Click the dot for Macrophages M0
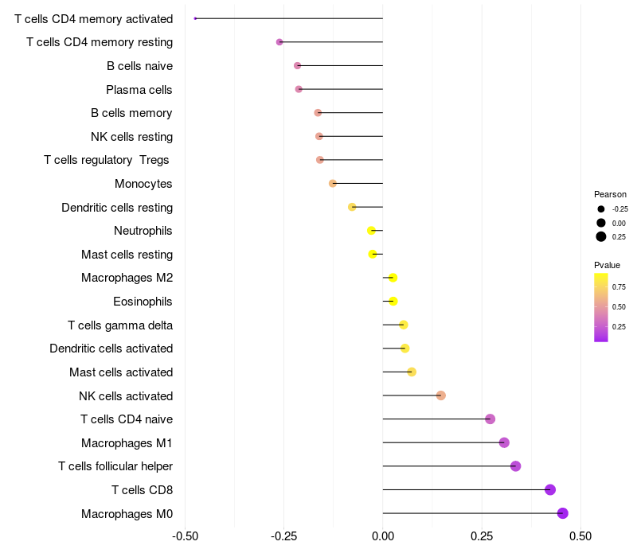[563, 513]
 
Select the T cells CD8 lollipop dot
[550, 489]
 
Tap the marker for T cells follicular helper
[515, 466]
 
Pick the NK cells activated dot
[441, 395]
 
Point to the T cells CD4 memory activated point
[195, 18]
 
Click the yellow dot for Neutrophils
[371, 231]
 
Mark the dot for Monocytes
[333, 184]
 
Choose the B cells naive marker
[298, 65]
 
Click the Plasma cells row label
[139, 90]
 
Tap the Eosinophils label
[143, 302]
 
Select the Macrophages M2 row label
[127, 278]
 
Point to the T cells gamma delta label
[120, 325]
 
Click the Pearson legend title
[610, 194]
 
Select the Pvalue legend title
[607, 265]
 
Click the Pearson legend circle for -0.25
[601, 209]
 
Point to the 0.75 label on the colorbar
[619, 286]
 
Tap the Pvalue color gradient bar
[601, 307]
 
